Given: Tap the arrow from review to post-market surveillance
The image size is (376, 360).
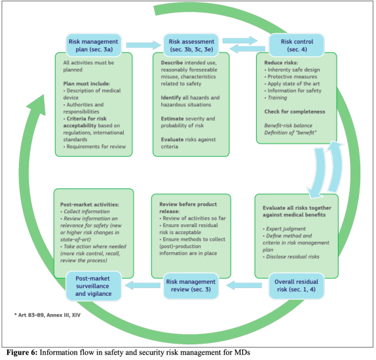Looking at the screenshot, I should coord(145,287).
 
